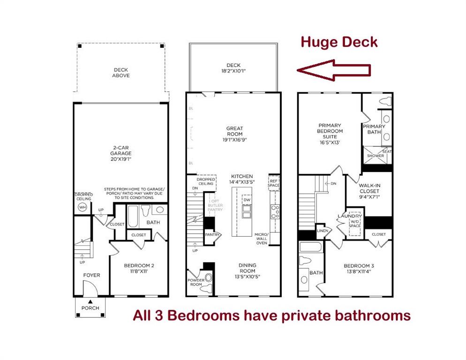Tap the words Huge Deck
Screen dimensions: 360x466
point(338,42)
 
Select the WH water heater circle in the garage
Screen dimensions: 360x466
point(82,206)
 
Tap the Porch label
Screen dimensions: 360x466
point(90,308)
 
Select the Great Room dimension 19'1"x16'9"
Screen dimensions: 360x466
point(234,140)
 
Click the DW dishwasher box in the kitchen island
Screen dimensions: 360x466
point(246,200)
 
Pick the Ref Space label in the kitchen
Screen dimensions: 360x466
point(273,182)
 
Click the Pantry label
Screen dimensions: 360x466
point(212,235)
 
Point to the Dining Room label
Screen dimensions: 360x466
point(247,268)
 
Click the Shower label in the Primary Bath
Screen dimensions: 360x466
point(375,156)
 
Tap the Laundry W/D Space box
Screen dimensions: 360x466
point(354,223)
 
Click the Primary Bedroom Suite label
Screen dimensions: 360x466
point(330,131)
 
